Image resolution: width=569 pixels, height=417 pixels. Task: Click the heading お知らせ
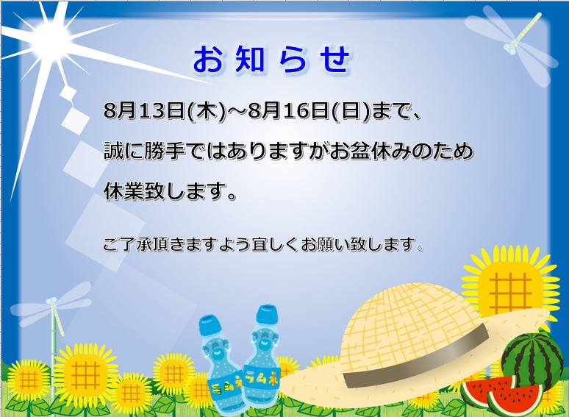271,59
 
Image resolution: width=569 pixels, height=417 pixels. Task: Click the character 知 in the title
250,59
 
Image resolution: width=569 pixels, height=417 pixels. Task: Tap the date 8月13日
145,111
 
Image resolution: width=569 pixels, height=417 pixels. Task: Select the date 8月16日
289,111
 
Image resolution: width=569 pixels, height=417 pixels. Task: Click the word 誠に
124,151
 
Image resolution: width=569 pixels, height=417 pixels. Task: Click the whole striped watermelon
529,361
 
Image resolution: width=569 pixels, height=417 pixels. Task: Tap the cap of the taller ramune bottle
267,315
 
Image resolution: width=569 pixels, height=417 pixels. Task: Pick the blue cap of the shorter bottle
211,325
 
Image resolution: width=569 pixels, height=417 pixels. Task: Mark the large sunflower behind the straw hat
511,287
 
